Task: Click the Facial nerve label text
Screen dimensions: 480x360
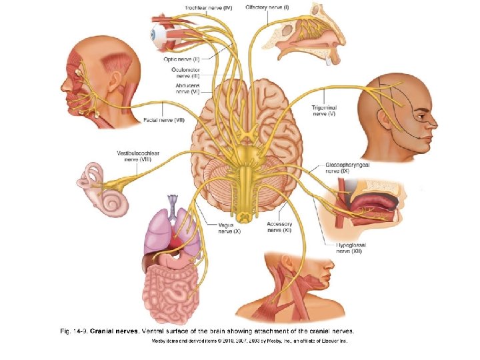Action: tap(164, 121)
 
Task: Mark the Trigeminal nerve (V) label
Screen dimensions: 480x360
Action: tap(323, 111)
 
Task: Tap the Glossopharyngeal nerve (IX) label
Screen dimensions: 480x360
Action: tap(346, 167)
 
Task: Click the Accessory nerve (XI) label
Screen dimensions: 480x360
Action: tap(279, 227)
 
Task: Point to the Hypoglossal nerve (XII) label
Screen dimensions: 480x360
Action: tap(351, 248)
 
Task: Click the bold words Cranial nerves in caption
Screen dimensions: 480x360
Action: tap(114, 330)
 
